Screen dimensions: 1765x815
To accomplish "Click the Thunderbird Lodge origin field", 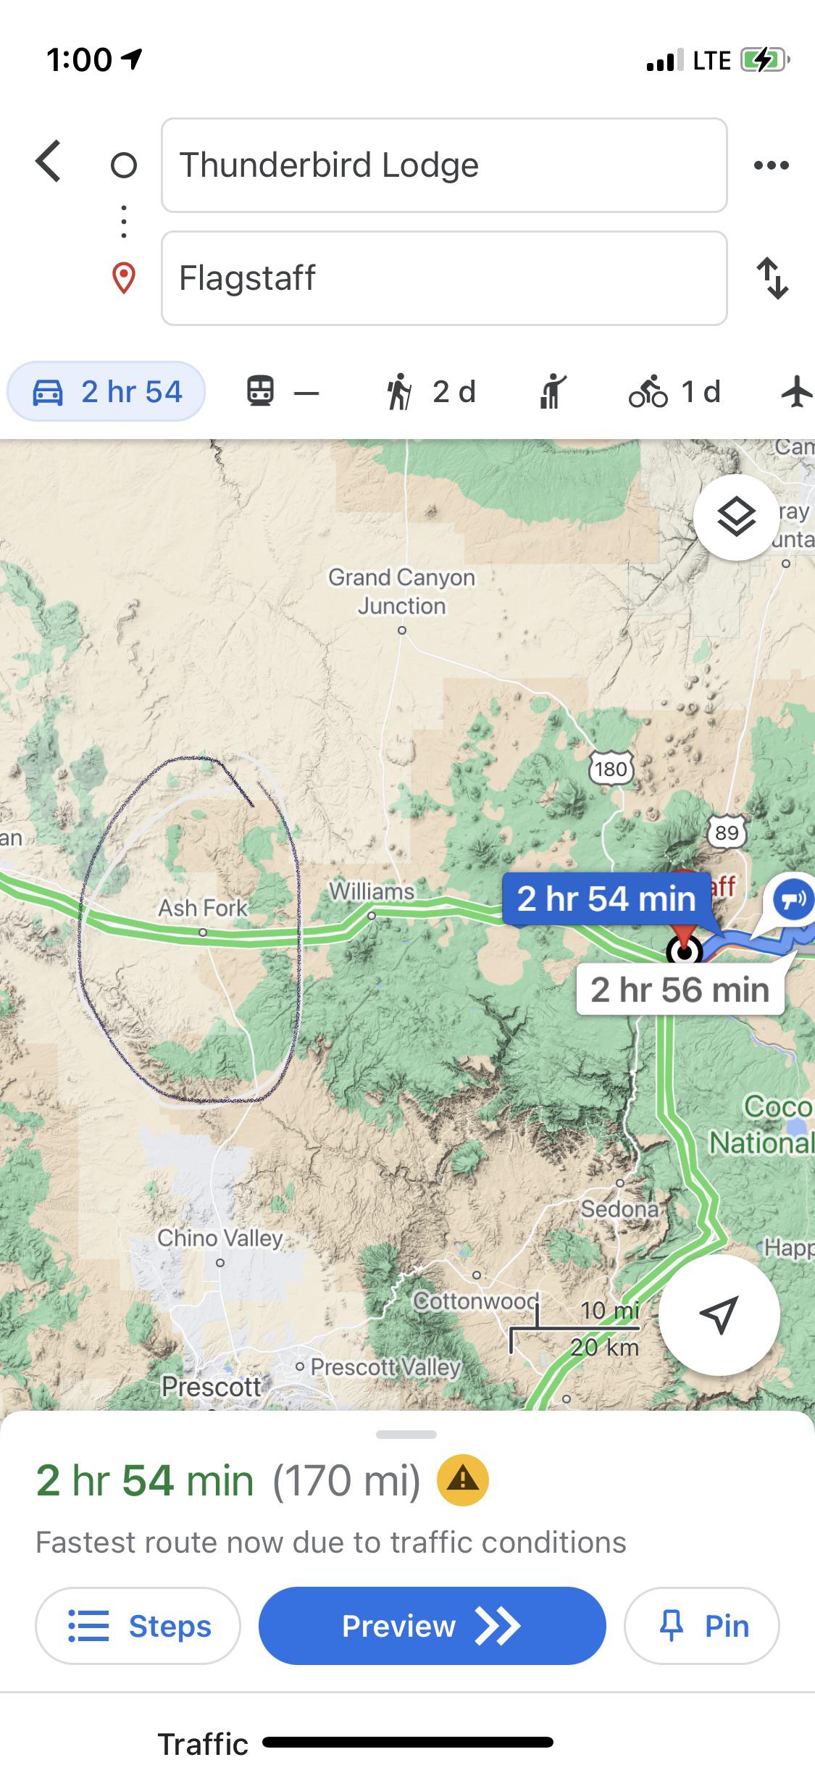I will pos(443,165).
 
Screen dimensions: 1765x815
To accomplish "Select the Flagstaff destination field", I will pos(443,278).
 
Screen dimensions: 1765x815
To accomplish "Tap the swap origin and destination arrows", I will pos(772,278).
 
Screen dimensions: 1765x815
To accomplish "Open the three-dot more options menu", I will pos(771,165).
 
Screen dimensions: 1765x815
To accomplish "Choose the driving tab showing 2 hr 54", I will pos(106,392).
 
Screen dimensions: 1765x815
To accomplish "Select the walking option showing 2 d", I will pos(431,392).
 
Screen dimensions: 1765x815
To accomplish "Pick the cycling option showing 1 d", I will pos(674,392).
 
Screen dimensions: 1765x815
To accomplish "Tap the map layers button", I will pos(736,517).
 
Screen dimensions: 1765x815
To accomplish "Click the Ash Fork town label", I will pos(203,907).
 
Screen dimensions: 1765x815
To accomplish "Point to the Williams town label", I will pos(372,890).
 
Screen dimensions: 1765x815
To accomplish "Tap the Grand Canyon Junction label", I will pos(402,591).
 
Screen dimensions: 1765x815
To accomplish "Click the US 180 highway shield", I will pos(611,768).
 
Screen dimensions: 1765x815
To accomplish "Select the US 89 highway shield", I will pos(727,832).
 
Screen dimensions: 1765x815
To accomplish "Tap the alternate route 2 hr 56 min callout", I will pos(680,990).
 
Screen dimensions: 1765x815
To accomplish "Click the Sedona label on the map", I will pos(619,1209).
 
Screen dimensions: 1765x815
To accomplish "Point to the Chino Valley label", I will pos(220,1238).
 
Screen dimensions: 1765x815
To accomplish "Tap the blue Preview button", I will pos(432,1626).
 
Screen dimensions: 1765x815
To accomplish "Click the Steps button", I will pos(138,1626).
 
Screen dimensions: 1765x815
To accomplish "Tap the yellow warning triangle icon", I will pos(462,1480).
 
